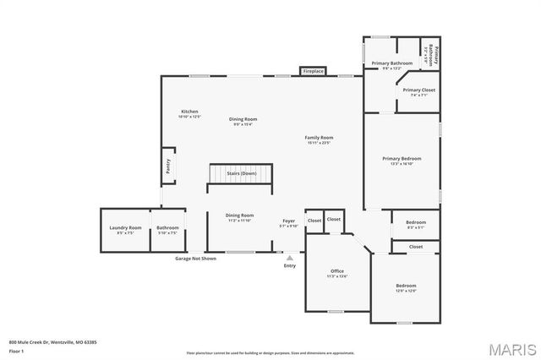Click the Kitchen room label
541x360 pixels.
189,112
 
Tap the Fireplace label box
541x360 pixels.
313,72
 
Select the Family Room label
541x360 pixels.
320,137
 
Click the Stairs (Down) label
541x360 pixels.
242,173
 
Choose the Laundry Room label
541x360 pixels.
125,228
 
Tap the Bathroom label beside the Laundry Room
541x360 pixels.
167,228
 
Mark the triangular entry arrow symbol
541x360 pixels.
290,258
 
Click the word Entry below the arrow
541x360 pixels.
290,266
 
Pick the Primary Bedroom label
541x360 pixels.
402,158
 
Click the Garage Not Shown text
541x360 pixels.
195,258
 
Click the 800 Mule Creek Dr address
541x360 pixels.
53,342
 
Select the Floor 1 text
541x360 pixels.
16,351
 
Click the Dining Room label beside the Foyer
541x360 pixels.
239,215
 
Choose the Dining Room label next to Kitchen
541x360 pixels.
243,119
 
